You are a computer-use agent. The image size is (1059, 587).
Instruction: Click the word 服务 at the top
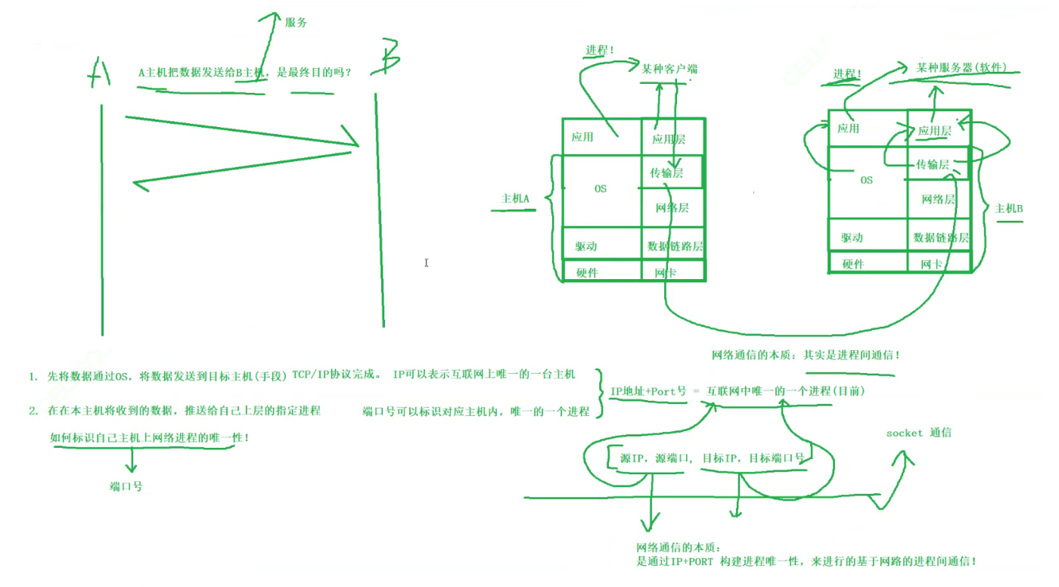click(x=296, y=23)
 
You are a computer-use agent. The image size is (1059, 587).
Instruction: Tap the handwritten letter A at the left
click(x=99, y=73)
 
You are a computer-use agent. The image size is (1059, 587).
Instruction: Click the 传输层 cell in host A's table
click(x=666, y=173)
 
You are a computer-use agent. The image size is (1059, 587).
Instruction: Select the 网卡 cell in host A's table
click(x=666, y=272)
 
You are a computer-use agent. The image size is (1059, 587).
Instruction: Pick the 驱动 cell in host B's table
click(x=851, y=238)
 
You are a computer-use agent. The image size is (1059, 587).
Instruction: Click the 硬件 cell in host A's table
click(x=587, y=272)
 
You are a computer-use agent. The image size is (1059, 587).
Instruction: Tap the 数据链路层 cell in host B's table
click(x=941, y=238)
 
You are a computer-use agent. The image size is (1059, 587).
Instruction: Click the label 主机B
click(x=1008, y=209)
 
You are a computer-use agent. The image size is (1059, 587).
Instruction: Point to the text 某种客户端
click(x=669, y=69)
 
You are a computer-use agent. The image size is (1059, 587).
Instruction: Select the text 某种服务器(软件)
click(x=961, y=67)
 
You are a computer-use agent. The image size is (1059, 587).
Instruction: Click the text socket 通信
click(x=918, y=433)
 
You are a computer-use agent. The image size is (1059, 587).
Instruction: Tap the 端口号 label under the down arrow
click(x=126, y=486)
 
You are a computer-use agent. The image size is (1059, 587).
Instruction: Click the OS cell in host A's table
click(x=600, y=188)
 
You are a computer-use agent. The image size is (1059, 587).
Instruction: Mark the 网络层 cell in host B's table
click(x=938, y=200)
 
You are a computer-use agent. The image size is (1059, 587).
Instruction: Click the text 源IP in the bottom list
click(x=632, y=458)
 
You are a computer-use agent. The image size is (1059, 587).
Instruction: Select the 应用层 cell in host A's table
click(x=668, y=139)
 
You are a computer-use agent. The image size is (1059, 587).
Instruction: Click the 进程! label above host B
click(x=847, y=74)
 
